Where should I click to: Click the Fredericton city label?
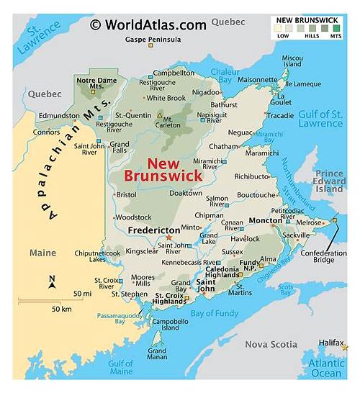point(153,230)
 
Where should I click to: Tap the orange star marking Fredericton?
point(170,237)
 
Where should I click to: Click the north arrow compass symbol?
point(52,282)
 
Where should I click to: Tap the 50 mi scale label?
point(82,294)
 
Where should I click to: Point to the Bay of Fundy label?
point(215,312)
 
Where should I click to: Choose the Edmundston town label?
point(58,115)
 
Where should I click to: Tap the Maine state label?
point(42,253)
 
